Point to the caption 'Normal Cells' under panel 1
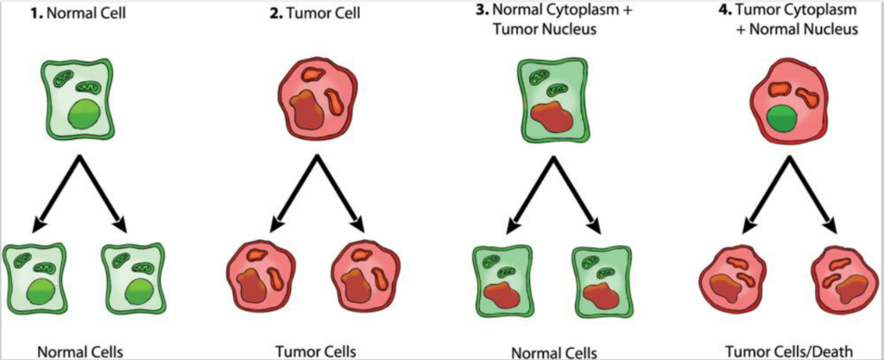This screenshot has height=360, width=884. (79, 351)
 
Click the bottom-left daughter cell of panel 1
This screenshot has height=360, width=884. (35, 280)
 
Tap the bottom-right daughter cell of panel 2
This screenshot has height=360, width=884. (366, 280)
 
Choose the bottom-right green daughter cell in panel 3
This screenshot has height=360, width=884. (600, 280)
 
